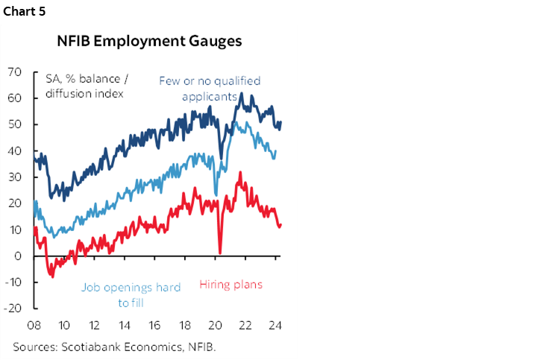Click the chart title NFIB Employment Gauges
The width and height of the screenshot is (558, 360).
[x=149, y=41]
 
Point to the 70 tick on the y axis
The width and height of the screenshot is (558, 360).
[x=13, y=72]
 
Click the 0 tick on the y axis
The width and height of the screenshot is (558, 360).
[x=17, y=256]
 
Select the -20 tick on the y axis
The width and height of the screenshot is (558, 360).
[x=12, y=308]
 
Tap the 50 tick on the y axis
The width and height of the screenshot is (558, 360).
[x=13, y=124]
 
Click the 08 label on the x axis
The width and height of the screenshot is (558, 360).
[x=34, y=325]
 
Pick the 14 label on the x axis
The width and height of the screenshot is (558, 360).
[x=125, y=325]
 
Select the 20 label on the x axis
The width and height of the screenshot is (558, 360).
[x=216, y=325]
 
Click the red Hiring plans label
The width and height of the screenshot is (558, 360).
[x=231, y=285]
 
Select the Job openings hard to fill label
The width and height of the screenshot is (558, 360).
[x=131, y=294]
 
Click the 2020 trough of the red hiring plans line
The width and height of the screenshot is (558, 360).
[x=220, y=253]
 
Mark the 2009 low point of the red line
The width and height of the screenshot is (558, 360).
[x=51, y=277]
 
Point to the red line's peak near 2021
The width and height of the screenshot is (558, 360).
[x=239, y=172]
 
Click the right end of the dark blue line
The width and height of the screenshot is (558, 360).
[x=280, y=121]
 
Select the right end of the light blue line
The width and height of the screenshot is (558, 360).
[x=276, y=151]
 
